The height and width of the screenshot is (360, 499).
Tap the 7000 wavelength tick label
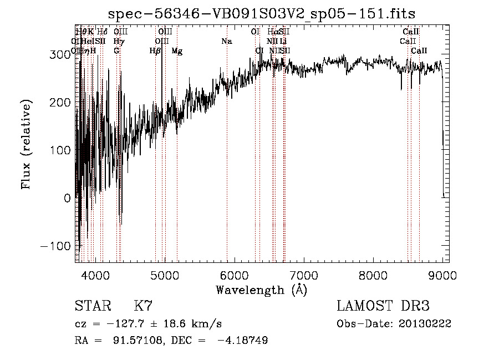coord(304,275)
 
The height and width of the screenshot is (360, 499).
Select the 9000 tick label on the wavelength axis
coord(442,275)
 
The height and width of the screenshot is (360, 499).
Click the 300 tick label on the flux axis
coord(60,54)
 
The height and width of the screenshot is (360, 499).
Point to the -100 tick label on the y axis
coord(55,246)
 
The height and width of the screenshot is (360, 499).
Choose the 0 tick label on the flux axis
coord(67,198)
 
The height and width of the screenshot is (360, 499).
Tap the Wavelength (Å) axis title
coord(261,290)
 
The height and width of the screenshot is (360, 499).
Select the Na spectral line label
coord(226,42)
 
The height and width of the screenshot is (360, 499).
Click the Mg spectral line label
coord(177,51)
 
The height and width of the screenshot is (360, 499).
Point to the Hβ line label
coord(155,51)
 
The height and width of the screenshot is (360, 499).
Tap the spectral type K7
coord(144,307)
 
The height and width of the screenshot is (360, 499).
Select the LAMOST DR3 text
coord(383,307)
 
